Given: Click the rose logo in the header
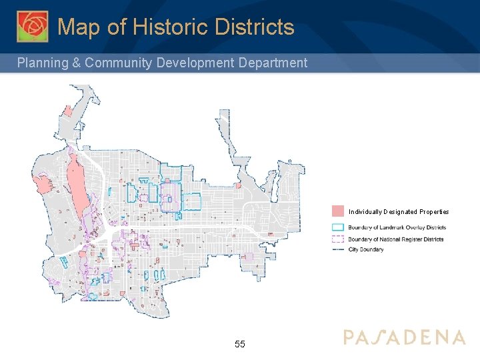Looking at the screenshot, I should point(33,27).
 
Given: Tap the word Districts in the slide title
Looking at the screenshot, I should point(254,27).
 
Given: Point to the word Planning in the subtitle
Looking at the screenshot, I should point(43,63).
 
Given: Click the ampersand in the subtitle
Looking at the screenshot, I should point(76,63).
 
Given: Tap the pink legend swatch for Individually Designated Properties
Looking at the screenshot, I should point(338,211).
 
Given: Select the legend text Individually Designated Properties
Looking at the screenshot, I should point(399,212).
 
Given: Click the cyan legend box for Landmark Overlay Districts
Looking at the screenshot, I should point(338,227).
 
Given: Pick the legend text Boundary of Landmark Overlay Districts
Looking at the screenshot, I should point(397,227).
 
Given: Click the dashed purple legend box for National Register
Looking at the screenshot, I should point(338,239).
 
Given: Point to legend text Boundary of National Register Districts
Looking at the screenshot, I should point(395,239).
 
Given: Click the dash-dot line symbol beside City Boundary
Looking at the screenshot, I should point(338,250).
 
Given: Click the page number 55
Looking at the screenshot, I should point(240,345).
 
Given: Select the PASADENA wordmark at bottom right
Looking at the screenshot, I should point(404,337).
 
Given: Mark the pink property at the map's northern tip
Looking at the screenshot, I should point(67,110).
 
